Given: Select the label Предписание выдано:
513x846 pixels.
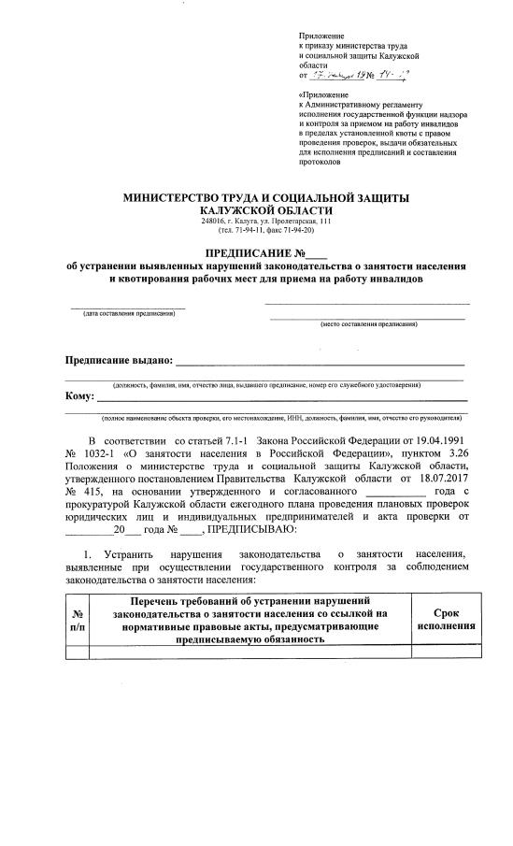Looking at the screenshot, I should (x=119, y=360).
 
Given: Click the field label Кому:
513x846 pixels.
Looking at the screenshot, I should (x=78, y=397).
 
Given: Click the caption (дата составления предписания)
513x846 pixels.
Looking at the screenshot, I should (x=128, y=313).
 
